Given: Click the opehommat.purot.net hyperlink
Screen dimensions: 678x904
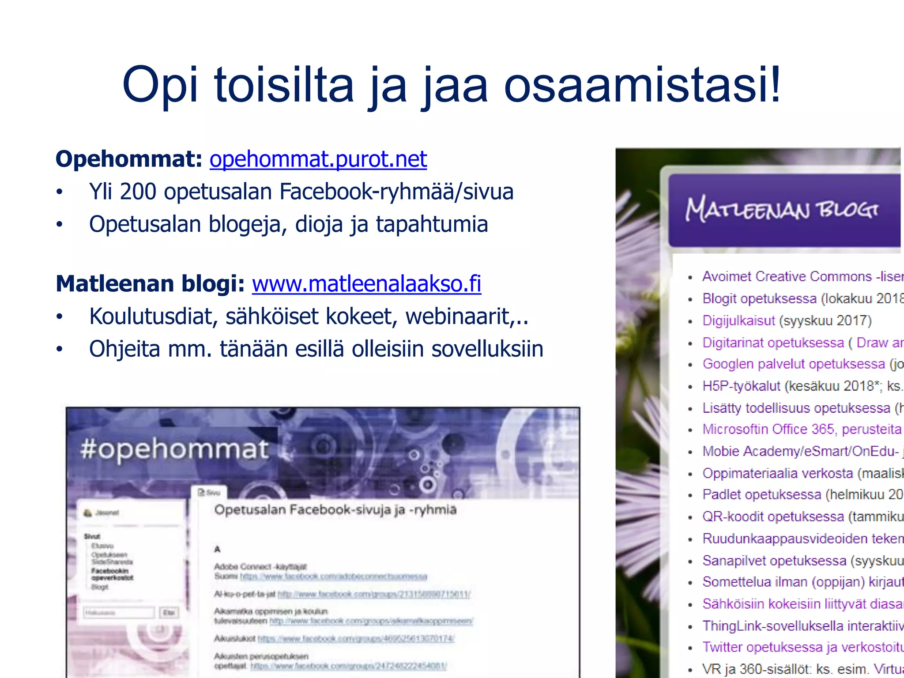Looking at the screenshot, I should pyautogui.click(x=318, y=159).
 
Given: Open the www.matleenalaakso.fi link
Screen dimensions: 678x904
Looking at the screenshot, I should pyautogui.click(x=366, y=283).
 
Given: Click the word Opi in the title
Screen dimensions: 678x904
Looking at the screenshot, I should pyautogui.click(x=160, y=85).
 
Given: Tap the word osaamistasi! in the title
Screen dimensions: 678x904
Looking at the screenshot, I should pyautogui.click(x=642, y=85).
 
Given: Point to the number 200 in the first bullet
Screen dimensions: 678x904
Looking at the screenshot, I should pyautogui.click(x=138, y=192).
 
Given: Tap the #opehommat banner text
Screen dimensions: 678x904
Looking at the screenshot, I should pyautogui.click(x=174, y=449).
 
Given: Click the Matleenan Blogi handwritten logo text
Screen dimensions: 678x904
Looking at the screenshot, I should pyautogui.click(x=781, y=209).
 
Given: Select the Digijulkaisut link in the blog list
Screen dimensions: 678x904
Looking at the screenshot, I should pyautogui.click(x=738, y=320).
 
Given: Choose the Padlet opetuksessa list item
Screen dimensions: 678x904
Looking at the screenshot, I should pyautogui.click(x=762, y=494).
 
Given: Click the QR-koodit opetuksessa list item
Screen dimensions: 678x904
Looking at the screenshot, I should pyautogui.click(x=773, y=516).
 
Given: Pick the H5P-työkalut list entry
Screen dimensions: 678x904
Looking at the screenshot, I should pyautogui.click(x=741, y=386).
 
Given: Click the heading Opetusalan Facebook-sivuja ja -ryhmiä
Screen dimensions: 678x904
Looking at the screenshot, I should pyautogui.click(x=335, y=510).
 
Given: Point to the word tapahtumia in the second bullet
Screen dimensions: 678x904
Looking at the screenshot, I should pyautogui.click(x=432, y=224).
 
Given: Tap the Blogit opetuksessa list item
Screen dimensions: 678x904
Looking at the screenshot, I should pyautogui.click(x=759, y=298).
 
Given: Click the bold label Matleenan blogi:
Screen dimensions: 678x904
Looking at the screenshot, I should pyautogui.click(x=150, y=283).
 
